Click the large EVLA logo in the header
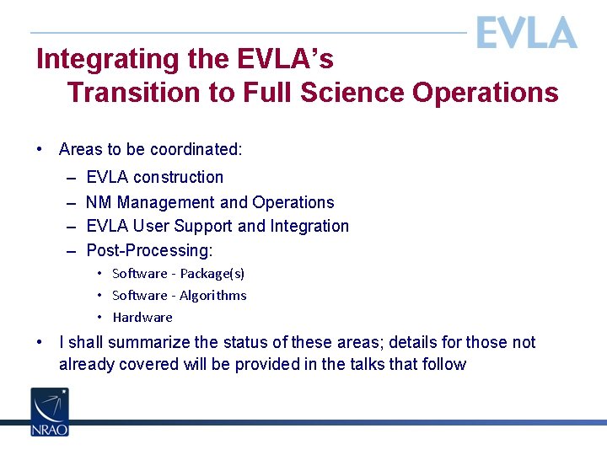point(526,33)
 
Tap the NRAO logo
point(50,412)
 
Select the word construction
point(178,178)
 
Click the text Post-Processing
point(149,251)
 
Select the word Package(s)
point(212,274)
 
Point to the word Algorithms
point(213,296)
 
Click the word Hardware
point(142,318)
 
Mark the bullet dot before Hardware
point(99,318)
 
